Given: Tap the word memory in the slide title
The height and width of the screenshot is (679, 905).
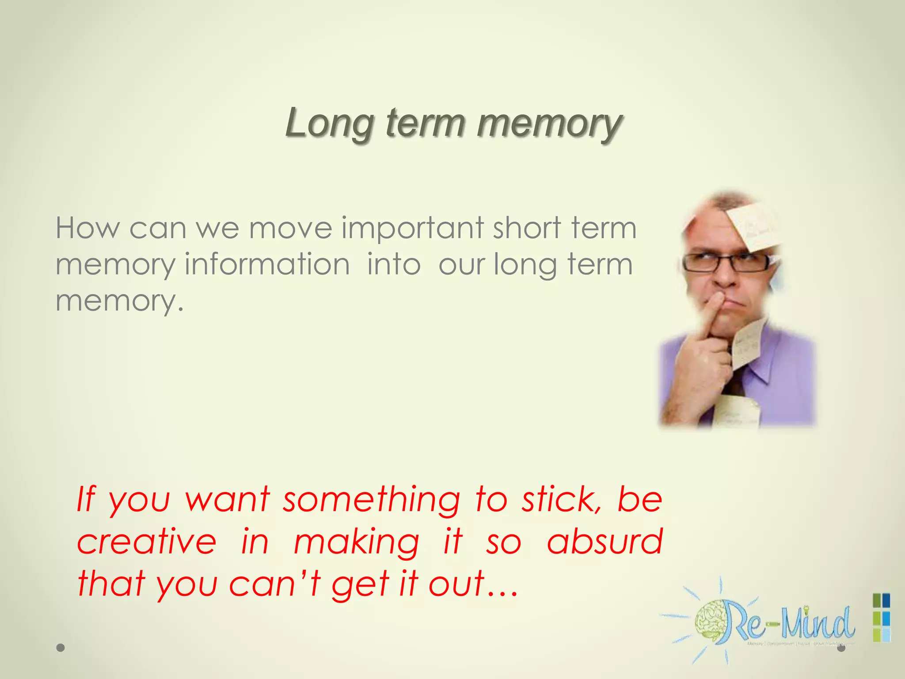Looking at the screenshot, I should [x=550, y=124].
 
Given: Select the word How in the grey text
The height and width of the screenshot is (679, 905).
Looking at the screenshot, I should [x=87, y=228].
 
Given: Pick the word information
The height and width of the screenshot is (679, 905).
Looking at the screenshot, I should [x=267, y=264].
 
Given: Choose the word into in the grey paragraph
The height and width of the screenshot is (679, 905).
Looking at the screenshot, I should [x=394, y=264].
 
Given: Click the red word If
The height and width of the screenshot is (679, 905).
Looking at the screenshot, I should [x=86, y=500].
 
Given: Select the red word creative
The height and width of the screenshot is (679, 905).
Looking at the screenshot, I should [x=147, y=542].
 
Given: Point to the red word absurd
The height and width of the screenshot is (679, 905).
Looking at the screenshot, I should [x=605, y=542].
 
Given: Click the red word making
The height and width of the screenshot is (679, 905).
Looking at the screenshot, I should [x=356, y=543].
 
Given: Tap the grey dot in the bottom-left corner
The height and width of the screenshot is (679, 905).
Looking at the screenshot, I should [x=61, y=648].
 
